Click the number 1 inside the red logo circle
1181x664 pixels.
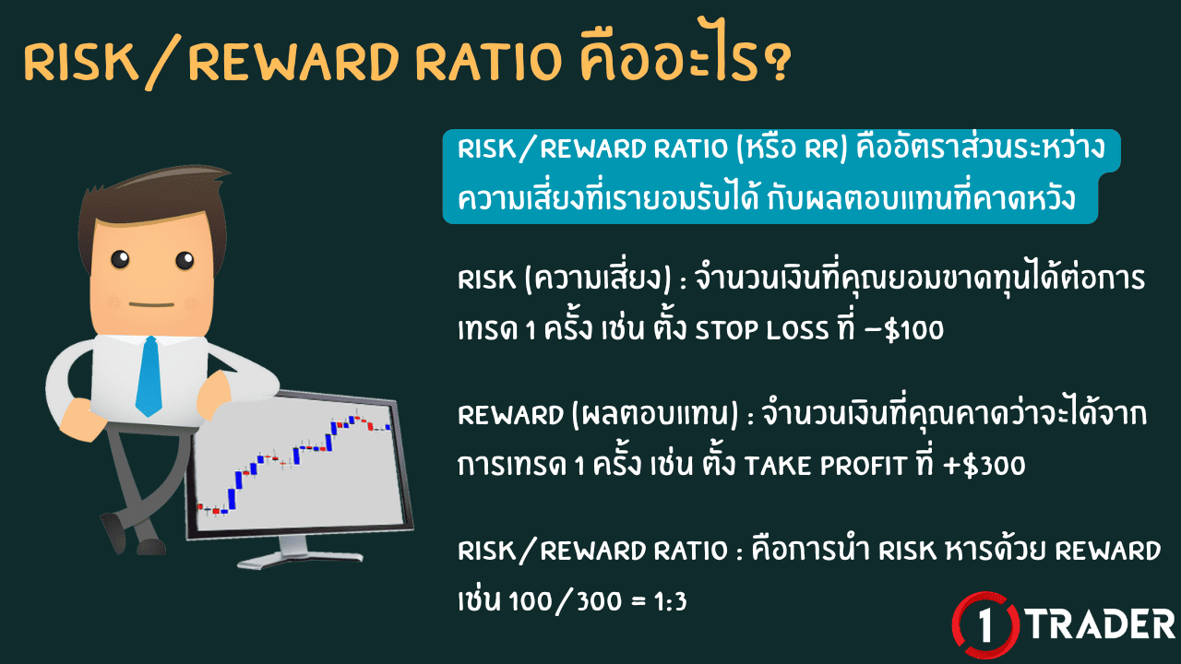click(986, 624)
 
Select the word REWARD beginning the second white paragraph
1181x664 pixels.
click(504, 416)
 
